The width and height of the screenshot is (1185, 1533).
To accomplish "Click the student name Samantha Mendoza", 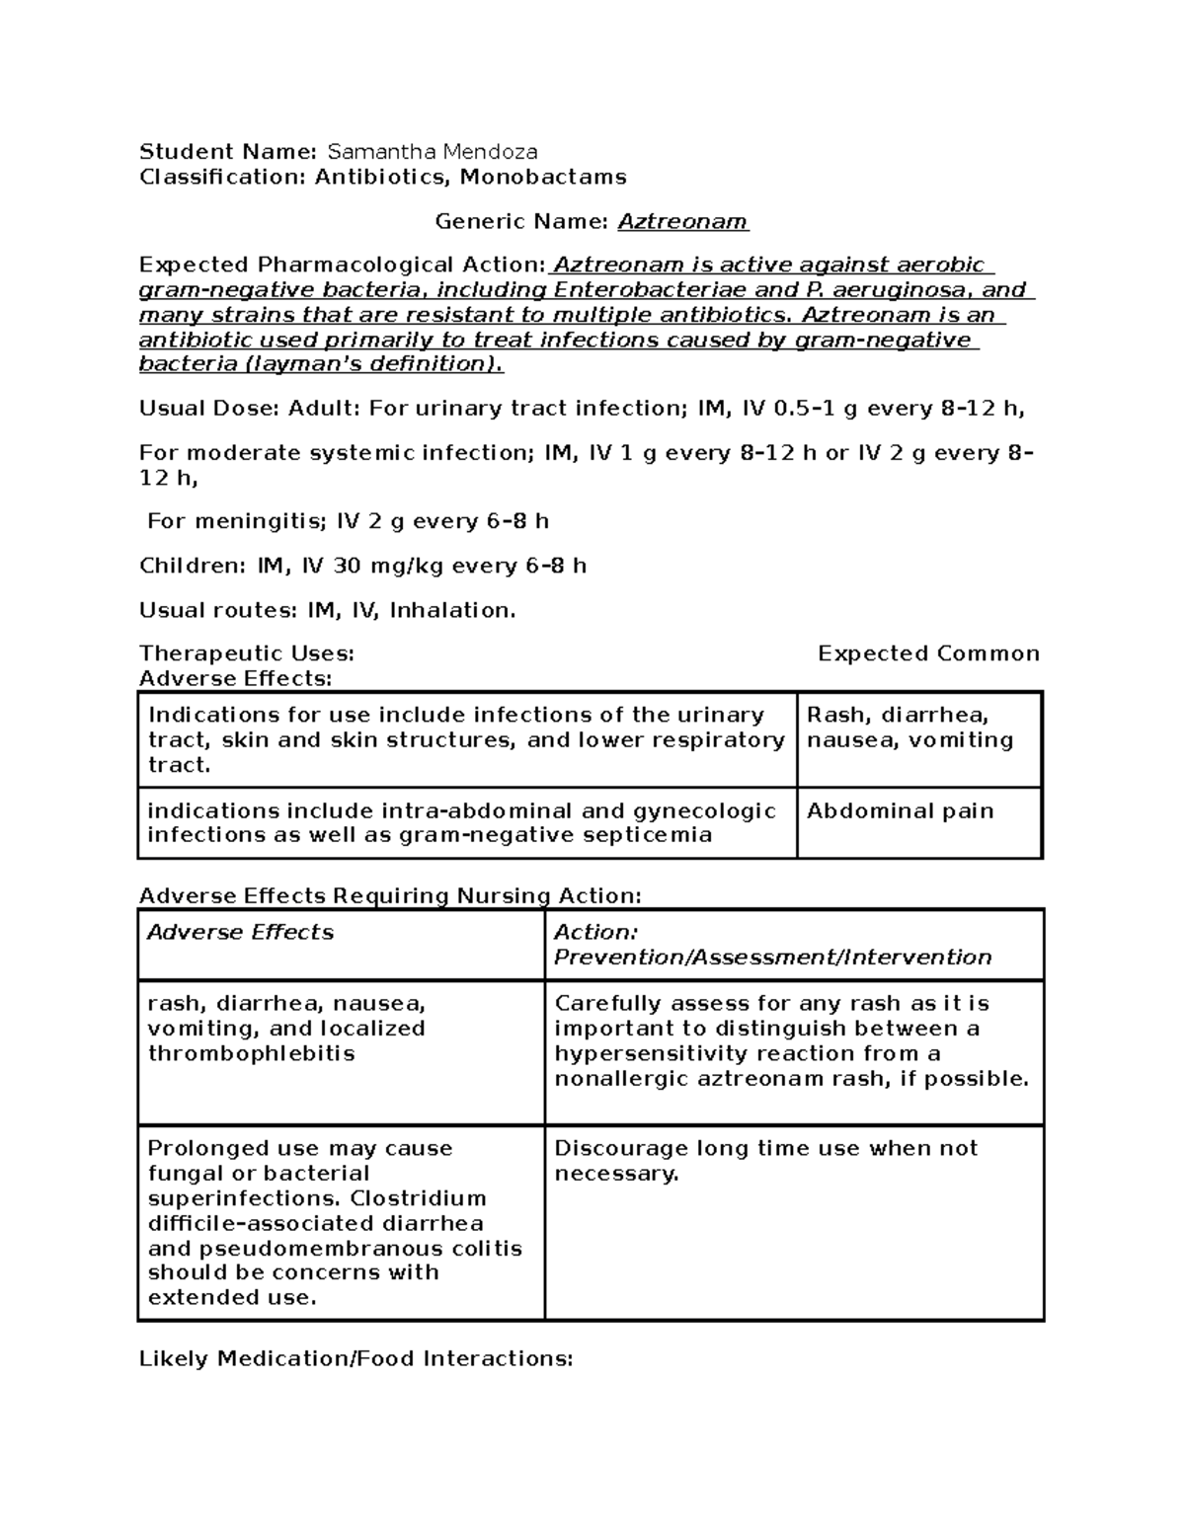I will click(x=433, y=152).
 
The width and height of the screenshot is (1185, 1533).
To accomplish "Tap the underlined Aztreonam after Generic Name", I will click(x=682, y=221).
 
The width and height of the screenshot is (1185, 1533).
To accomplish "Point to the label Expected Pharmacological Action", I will click(x=342, y=266).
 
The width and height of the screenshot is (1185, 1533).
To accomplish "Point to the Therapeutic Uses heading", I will click(x=246, y=653).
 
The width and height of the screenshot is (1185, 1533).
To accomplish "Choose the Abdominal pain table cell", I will click(x=900, y=811).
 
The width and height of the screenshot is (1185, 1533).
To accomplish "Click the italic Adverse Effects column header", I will click(x=240, y=933).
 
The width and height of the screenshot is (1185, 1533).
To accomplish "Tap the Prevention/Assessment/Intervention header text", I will click(x=772, y=958).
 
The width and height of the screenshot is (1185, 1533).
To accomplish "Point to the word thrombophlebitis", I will click(x=251, y=1053).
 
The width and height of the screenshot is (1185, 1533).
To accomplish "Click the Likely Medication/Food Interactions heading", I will click(x=355, y=1359).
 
